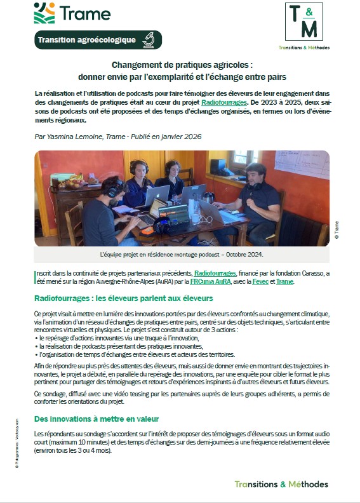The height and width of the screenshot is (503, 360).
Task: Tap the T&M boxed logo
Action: coord(304,22)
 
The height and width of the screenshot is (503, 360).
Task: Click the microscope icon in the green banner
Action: coord(149,40)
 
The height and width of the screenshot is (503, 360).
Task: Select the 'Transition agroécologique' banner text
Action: coord(86,40)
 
